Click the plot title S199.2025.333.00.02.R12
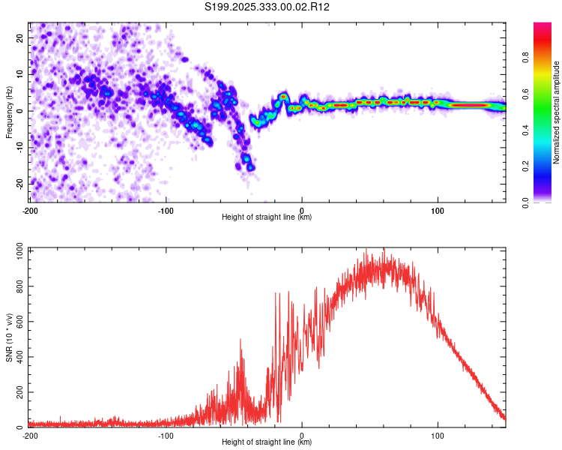point(268,7)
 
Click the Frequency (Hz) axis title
point(9,112)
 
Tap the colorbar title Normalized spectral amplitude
point(556,112)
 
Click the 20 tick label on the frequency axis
point(20,37)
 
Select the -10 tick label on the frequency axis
point(19,147)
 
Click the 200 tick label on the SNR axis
point(19,392)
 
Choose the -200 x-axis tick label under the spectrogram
point(30,210)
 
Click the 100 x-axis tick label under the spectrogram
point(438,210)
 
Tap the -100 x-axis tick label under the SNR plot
point(166,435)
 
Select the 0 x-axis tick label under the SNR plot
point(302,435)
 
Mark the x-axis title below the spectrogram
point(267,217)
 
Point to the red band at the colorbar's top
point(543,28)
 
